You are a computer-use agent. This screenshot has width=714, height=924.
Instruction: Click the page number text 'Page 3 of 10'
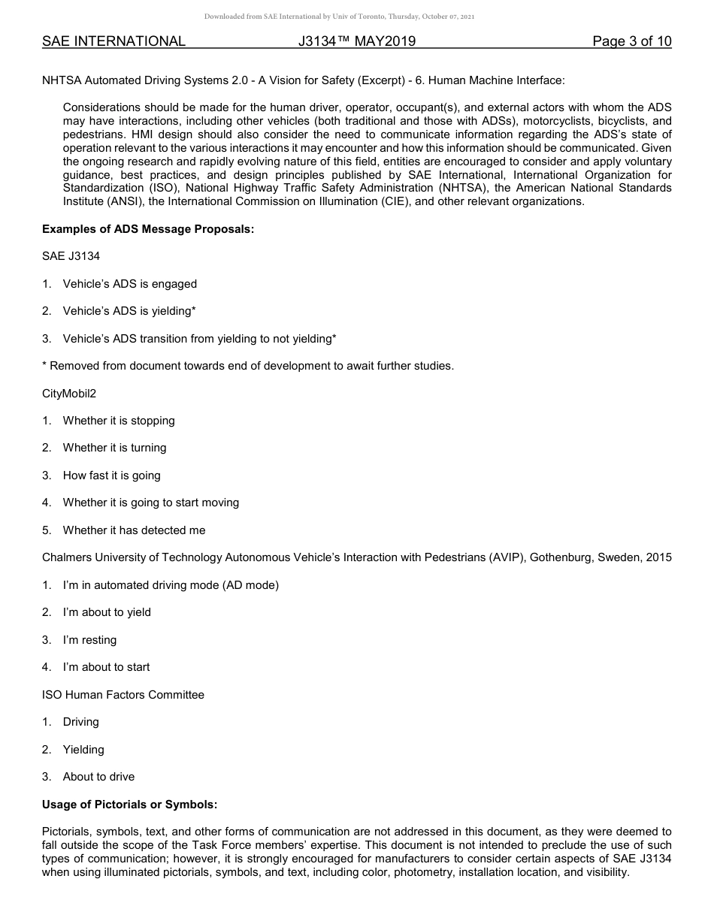tap(631, 41)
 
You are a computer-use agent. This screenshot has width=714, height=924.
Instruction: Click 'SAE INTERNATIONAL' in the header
tap(113, 41)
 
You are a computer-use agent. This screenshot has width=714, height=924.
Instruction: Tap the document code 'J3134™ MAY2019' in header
tap(356, 41)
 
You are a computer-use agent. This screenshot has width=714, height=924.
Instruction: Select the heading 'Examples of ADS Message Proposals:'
tap(148, 229)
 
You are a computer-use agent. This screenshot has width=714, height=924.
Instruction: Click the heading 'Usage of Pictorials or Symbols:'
tap(129, 805)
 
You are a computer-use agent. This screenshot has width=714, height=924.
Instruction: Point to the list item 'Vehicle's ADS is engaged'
tap(129, 284)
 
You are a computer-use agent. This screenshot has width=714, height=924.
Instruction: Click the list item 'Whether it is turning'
tap(114, 448)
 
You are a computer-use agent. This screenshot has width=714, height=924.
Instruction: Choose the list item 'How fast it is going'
tap(111, 476)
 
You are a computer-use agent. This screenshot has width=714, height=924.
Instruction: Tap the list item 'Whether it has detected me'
tap(134, 530)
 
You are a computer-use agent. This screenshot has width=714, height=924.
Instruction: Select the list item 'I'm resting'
tap(89, 640)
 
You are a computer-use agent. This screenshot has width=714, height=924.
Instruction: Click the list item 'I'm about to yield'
tap(107, 612)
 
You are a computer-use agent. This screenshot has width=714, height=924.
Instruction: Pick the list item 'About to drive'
tap(98, 777)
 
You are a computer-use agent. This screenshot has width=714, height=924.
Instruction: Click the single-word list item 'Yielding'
tap(83, 750)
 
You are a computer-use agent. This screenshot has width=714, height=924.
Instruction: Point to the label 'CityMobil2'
tap(69, 394)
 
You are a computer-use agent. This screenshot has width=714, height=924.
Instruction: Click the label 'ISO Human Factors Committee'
tap(123, 695)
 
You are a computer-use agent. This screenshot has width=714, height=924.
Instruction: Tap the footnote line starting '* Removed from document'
tap(248, 366)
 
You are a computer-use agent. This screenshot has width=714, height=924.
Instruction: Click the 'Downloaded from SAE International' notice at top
tap(339, 17)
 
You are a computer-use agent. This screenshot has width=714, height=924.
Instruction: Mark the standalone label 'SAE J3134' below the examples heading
tap(71, 256)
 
